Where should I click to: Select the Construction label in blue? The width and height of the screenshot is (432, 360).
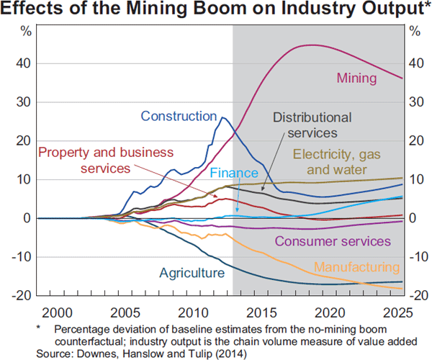point(179,116)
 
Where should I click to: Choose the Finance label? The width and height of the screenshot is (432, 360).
point(233,174)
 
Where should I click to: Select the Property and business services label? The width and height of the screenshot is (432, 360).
point(106,160)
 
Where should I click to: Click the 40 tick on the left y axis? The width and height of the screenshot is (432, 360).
point(25,63)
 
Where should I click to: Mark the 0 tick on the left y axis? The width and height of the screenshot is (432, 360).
point(28,218)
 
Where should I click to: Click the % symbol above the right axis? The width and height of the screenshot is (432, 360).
point(414,31)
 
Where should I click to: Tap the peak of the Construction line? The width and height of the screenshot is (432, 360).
point(223,117)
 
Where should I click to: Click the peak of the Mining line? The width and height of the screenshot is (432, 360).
point(311,45)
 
